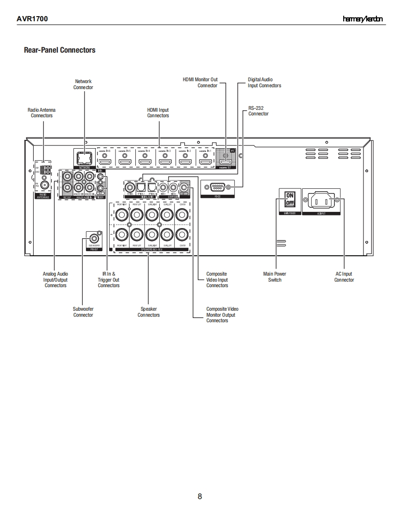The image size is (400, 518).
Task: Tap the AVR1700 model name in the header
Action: point(32,19)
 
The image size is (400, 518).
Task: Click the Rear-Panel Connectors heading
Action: point(60,50)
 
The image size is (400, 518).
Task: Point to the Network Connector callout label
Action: point(83,84)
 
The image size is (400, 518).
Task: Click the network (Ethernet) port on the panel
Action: point(84,158)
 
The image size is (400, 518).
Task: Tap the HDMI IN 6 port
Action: point(106,162)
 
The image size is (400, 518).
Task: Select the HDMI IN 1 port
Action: point(205,162)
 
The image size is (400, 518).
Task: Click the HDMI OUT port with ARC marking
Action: point(225,160)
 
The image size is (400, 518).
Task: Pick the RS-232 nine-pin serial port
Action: point(218,187)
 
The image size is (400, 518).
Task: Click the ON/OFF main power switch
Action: point(290,199)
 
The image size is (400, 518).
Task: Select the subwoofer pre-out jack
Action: point(94,239)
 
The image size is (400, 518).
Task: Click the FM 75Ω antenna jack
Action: point(45,185)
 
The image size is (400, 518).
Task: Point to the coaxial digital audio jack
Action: point(130,187)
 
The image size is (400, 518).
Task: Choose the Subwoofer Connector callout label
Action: point(83,312)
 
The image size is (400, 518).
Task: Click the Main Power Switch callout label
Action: point(274,277)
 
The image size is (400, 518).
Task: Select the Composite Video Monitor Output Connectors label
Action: point(222,315)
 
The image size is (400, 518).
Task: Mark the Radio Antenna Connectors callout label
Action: point(42,113)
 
